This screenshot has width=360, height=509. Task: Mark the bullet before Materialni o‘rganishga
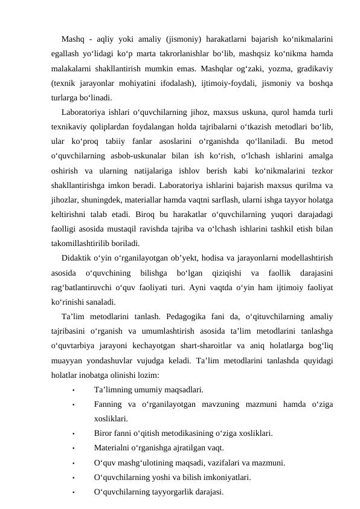(x=72, y=449)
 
